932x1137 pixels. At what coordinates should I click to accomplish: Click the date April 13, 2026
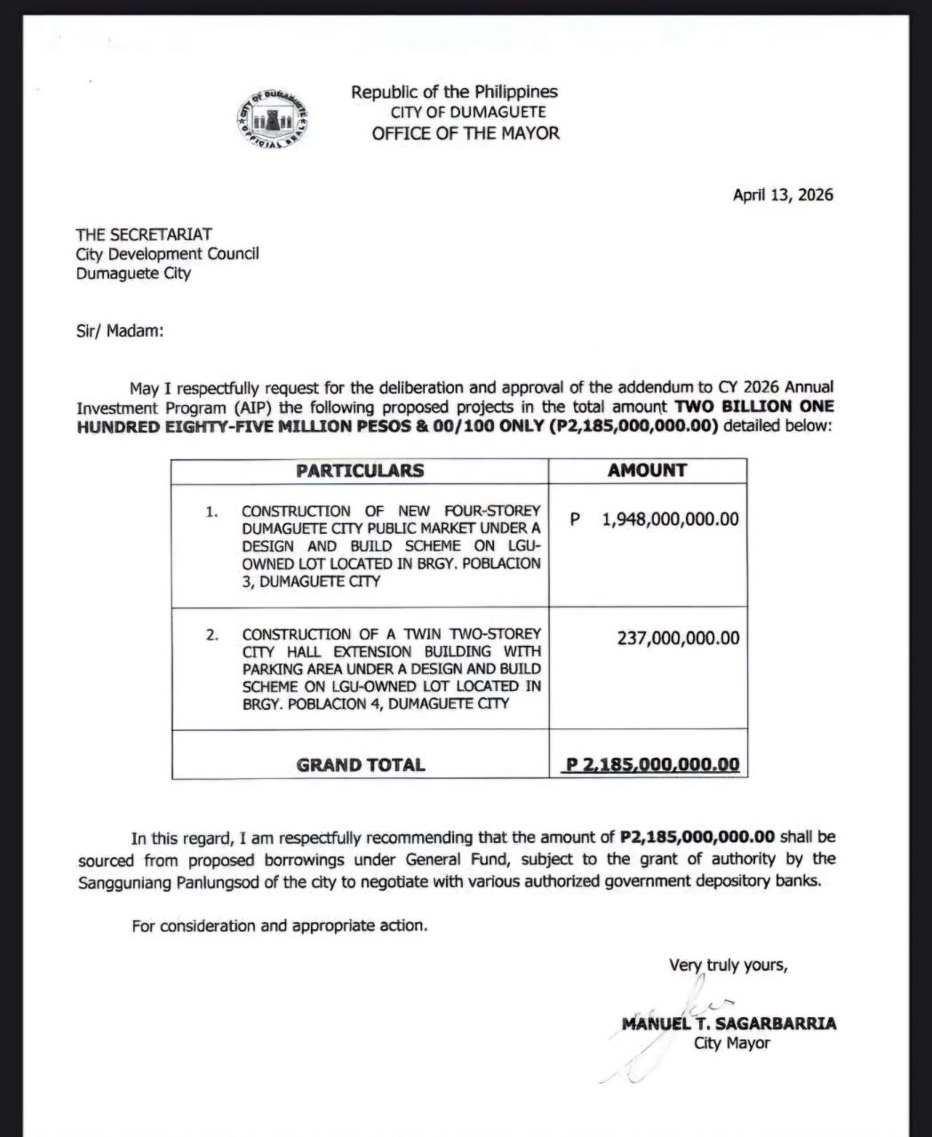click(x=783, y=195)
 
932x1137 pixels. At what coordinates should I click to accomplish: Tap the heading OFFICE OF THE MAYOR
click(x=466, y=133)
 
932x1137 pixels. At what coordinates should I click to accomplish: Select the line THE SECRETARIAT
click(x=144, y=234)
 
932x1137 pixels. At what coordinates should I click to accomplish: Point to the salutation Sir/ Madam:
click(x=120, y=330)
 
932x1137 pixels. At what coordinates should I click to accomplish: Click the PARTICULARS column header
click(x=360, y=471)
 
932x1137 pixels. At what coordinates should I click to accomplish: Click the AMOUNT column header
click(x=647, y=471)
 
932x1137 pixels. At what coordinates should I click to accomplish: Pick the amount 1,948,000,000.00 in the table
click(x=670, y=519)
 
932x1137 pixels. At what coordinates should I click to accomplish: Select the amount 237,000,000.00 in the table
click(x=678, y=638)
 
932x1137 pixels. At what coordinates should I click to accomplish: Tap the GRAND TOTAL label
click(x=360, y=764)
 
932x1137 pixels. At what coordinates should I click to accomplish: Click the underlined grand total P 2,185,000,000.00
click(x=653, y=764)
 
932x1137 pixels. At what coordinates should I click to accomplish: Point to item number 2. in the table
click(x=211, y=634)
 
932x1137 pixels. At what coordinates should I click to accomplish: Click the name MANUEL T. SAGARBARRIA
click(x=729, y=1023)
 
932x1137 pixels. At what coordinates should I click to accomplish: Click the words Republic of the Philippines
click(x=454, y=91)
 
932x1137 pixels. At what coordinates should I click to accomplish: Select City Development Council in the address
click(x=168, y=253)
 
